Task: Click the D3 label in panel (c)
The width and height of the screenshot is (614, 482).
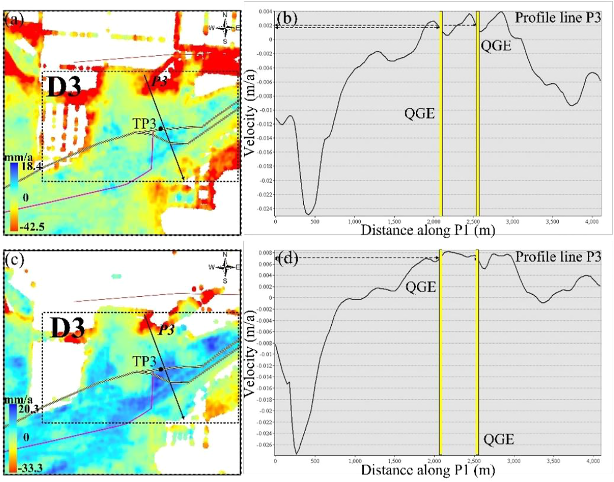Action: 67,328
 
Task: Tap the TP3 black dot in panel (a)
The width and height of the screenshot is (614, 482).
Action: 160,128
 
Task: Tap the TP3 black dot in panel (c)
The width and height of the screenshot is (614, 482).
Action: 160,369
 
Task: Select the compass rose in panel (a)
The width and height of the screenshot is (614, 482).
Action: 225,28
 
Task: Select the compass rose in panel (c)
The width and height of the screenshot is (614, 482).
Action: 225,267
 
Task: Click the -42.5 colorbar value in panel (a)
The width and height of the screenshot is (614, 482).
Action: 32,227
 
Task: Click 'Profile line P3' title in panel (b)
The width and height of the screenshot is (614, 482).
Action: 558,18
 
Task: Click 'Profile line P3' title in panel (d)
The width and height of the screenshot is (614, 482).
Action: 558,257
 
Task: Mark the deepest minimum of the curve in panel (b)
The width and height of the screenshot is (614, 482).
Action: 308,214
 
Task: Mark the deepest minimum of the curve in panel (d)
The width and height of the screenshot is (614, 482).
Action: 296,454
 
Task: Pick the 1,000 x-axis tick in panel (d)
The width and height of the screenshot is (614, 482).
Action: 355,461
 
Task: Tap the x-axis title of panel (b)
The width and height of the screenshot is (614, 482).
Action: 428,230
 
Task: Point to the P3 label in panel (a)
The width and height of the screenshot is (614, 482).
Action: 160,82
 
